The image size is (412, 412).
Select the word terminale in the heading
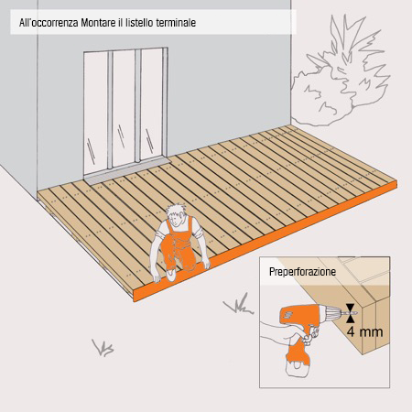(174, 20)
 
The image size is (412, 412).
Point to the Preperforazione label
(303, 273)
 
